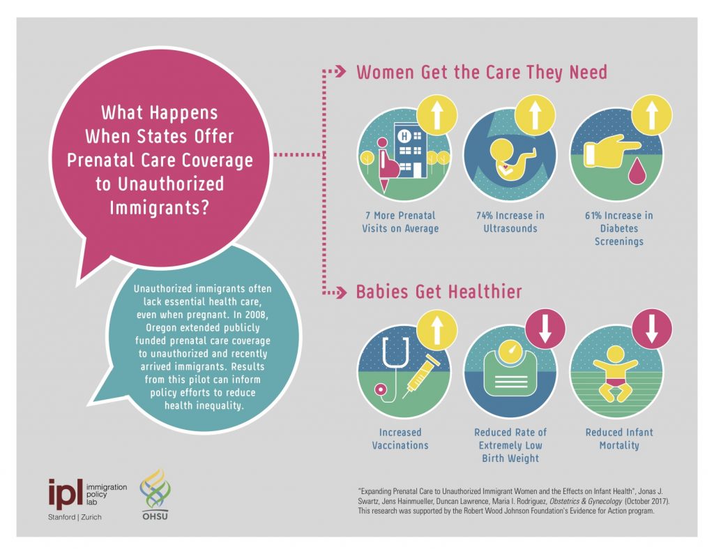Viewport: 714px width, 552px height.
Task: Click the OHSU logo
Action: (155, 495)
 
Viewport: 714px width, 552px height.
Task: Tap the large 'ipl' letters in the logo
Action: (66, 494)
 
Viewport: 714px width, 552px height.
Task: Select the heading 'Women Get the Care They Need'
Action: (482, 73)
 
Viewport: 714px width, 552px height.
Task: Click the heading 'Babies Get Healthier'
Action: (439, 292)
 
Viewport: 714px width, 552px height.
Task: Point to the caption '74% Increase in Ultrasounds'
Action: (510, 222)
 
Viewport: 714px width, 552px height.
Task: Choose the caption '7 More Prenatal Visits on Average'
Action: (400, 222)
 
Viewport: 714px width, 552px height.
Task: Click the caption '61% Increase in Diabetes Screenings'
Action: (619, 228)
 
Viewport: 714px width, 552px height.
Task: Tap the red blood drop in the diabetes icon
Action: (635, 170)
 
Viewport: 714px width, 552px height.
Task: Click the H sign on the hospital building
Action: (404, 136)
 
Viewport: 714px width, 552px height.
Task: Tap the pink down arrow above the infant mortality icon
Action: (652, 329)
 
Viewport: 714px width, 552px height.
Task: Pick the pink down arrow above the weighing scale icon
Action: (545, 329)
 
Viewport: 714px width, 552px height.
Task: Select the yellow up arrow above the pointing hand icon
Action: (652, 114)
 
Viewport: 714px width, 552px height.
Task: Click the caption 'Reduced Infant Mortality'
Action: (619, 439)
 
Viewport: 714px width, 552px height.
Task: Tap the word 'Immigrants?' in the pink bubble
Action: (159, 207)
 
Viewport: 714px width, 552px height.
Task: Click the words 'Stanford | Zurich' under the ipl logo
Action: (75, 517)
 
